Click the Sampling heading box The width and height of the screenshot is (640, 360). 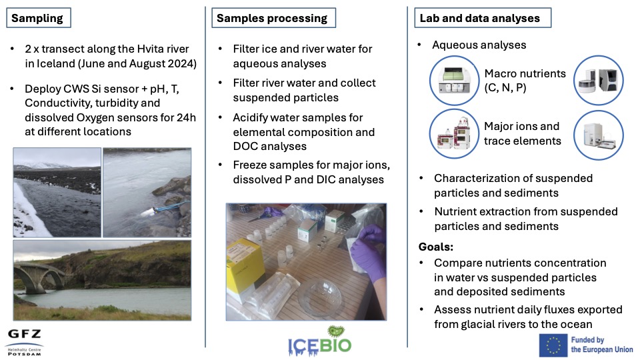(x=39, y=18)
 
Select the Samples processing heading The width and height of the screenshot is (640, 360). (x=273, y=18)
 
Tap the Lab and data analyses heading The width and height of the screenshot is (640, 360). (x=483, y=18)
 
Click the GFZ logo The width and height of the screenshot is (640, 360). (x=25, y=342)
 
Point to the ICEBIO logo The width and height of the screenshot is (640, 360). (x=319, y=341)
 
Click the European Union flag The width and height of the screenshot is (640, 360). (x=553, y=345)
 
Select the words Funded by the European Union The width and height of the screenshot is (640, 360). (x=601, y=345)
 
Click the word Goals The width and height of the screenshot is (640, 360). (x=435, y=247)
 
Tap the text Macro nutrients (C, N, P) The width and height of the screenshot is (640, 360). (x=525, y=81)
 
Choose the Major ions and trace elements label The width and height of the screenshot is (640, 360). (x=523, y=133)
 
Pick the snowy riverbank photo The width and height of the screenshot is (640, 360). (x=57, y=192)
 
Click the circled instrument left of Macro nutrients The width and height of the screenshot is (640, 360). (x=454, y=81)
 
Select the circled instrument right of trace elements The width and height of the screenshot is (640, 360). (x=599, y=135)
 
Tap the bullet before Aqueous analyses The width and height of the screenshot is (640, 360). (x=419, y=45)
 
